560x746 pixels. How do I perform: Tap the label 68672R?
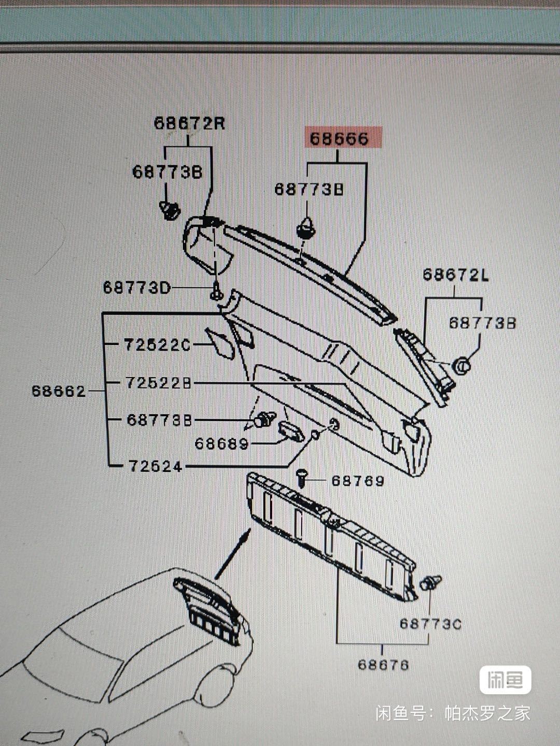pyautogui.click(x=189, y=124)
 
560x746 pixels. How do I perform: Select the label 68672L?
pyautogui.click(x=455, y=275)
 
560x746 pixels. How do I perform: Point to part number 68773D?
pyautogui.click(x=136, y=288)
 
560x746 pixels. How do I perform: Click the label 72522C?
pyautogui.click(x=157, y=345)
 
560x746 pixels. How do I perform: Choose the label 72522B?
pyautogui.click(x=158, y=383)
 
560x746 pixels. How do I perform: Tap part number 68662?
pyautogui.click(x=59, y=391)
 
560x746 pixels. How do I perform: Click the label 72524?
pyautogui.click(x=156, y=467)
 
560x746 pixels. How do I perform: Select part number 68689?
pyautogui.click(x=222, y=444)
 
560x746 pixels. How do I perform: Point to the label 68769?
pyautogui.click(x=358, y=481)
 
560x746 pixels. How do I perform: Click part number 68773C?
pyautogui.click(x=430, y=624)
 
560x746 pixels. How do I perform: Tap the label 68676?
pyautogui.click(x=383, y=665)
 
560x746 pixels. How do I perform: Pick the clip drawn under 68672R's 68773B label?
pyautogui.click(x=169, y=210)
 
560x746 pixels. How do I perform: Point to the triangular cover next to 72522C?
pyautogui.click(x=222, y=342)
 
